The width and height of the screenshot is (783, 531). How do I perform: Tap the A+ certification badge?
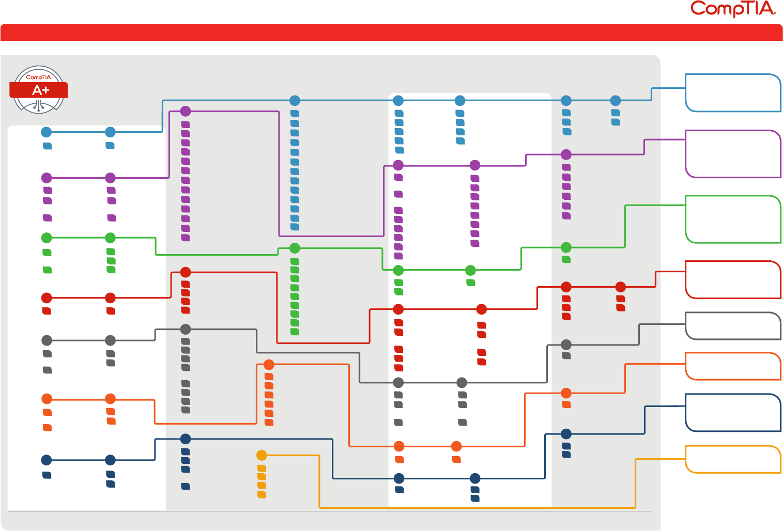tap(39, 89)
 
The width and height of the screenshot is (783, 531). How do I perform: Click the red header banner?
tap(391, 32)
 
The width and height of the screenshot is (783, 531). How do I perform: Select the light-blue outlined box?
tap(732, 93)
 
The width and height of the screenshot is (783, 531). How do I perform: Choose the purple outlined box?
tap(732, 154)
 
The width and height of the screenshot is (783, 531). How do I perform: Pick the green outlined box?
tap(732, 219)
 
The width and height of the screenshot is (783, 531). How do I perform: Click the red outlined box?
tap(732, 279)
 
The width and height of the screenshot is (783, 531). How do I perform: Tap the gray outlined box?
tap(732, 326)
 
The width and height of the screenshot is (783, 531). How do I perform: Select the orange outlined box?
tap(732, 366)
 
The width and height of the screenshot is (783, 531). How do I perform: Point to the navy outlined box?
tap(732, 413)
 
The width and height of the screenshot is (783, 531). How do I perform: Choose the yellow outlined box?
tap(732, 459)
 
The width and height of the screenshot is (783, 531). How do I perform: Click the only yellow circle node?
tap(262, 456)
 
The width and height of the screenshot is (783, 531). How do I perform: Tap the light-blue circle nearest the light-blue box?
tap(616, 101)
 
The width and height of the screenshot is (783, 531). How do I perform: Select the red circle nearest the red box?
tap(621, 287)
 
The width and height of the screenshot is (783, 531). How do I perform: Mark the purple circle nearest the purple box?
tap(566, 154)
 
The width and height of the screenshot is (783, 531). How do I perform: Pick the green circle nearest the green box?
tap(566, 247)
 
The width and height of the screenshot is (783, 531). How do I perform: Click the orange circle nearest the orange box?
tap(566, 393)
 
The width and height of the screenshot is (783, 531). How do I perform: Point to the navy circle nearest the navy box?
tap(566, 434)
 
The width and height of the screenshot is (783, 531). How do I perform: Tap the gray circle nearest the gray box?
tap(566, 345)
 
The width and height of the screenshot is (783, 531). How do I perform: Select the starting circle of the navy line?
tap(47, 460)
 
